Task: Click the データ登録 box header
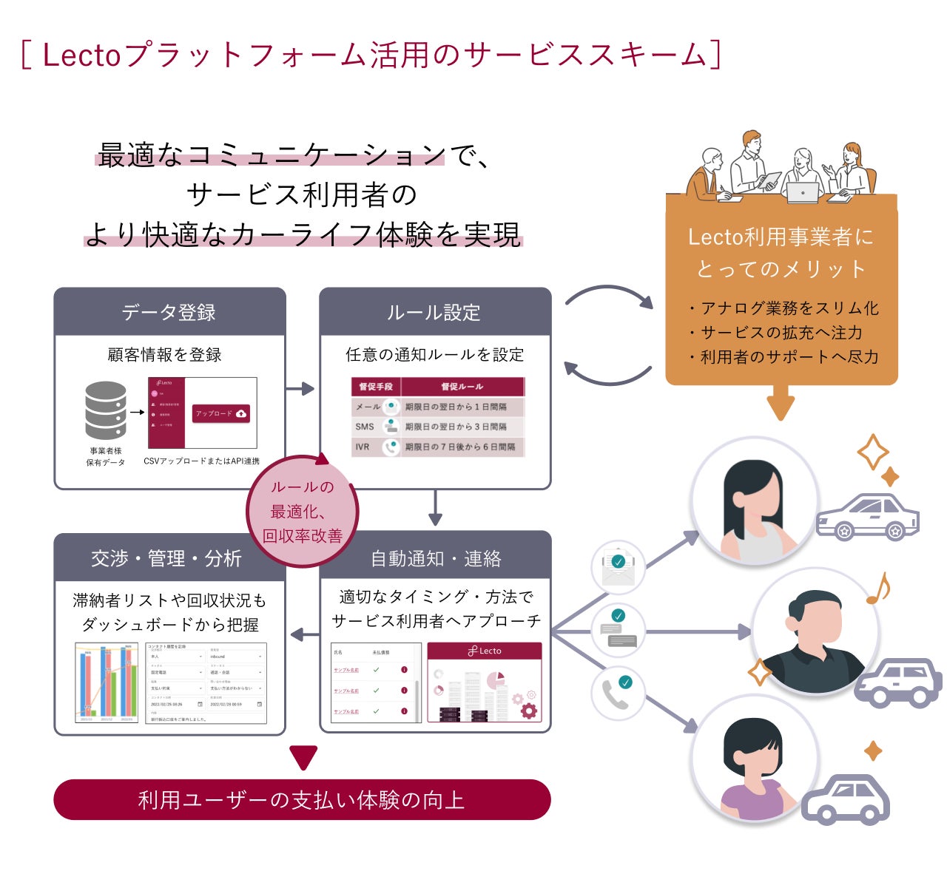169,312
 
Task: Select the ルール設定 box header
434,312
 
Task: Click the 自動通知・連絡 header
436,558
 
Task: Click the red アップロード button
221,413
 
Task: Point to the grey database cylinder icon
106,410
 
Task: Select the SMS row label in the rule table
365,427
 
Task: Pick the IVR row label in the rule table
363,447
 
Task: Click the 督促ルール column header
462,387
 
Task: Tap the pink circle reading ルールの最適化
303,511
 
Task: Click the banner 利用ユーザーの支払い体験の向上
302,799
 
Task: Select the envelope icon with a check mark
618,568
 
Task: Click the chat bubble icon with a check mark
618,629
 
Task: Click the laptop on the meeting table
803,192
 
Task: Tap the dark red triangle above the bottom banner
303,758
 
